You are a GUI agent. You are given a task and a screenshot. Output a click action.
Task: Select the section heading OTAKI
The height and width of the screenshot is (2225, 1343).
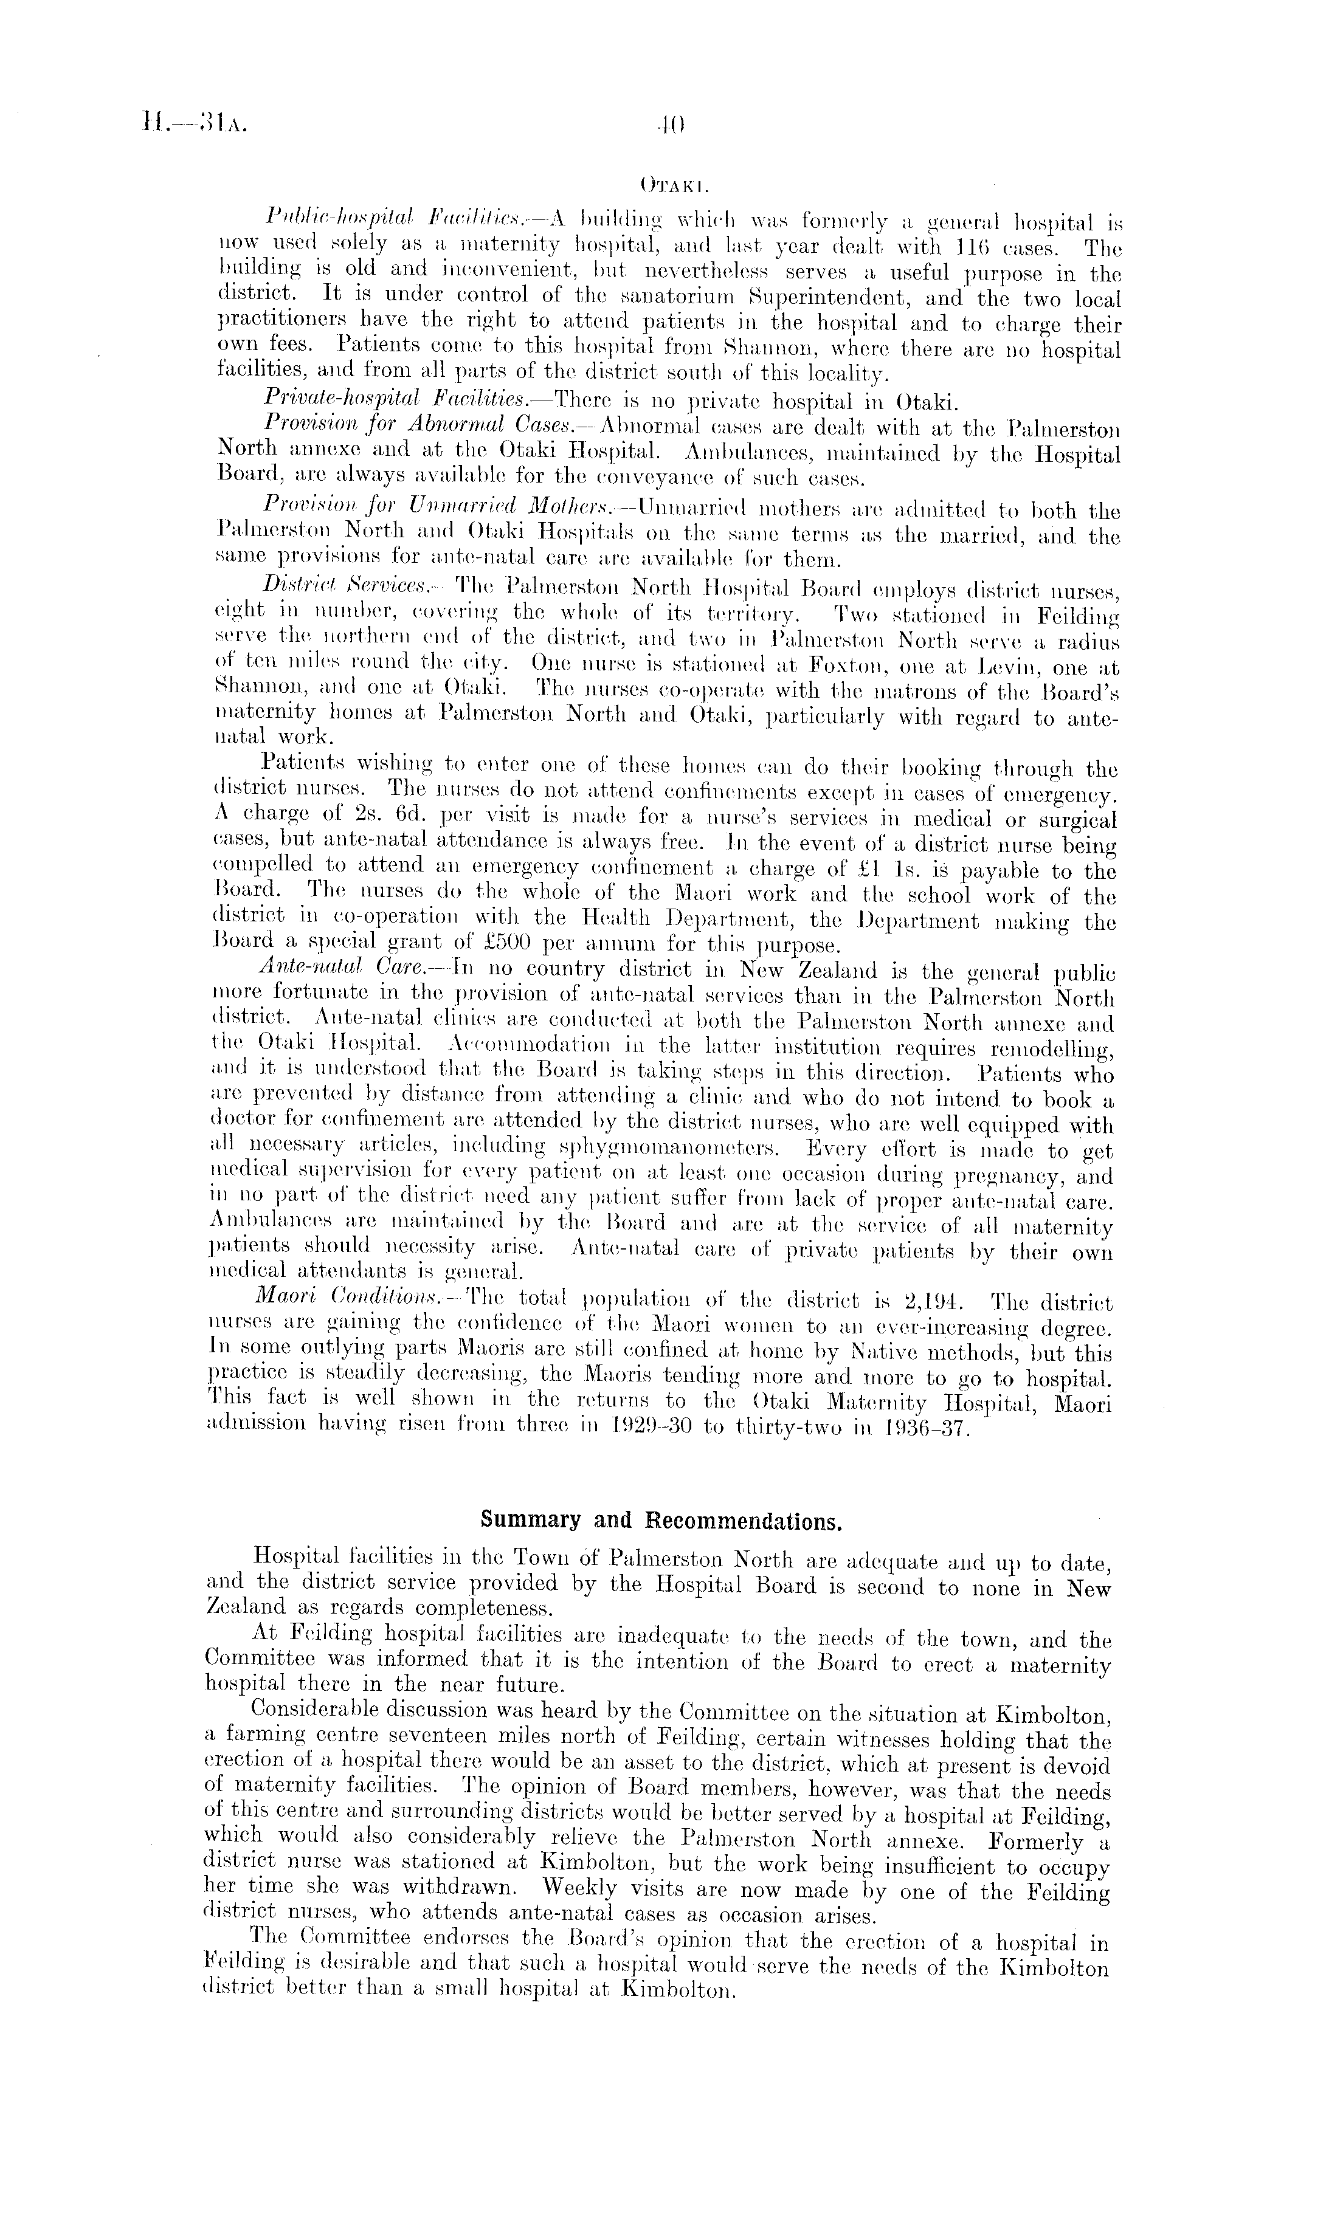671,186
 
